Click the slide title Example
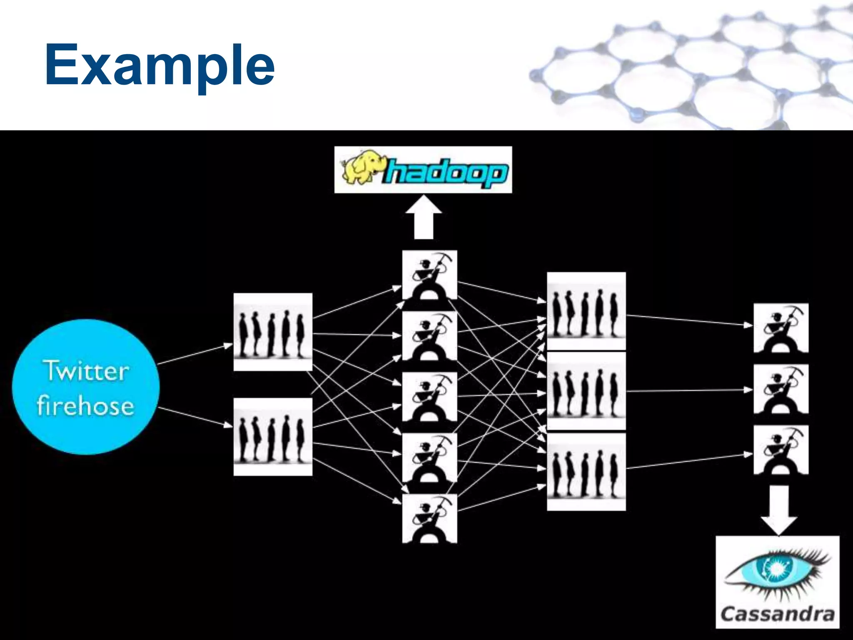coord(160,66)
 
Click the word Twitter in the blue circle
coord(86,371)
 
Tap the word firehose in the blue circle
coord(85,405)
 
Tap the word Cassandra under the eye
coord(777,614)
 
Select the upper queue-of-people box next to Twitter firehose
coord(273,332)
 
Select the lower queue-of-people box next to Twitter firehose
coord(273,437)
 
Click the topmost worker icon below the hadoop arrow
coord(429,275)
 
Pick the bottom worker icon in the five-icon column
coord(429,518)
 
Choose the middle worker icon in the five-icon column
coord(429,397)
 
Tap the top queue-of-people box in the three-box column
coord(586,311)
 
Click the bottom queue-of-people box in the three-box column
coord(586,472)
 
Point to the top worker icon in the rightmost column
coord(781,328)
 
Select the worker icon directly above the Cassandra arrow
coord(781,450)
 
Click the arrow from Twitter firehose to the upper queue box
coord(195,354)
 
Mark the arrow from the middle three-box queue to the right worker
coord(689,391)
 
